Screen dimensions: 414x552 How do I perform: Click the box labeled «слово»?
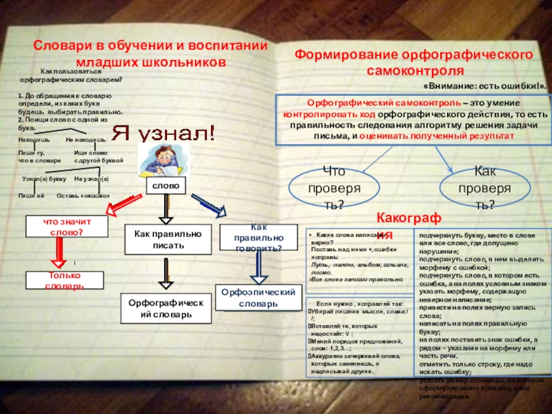[x=165, y=186]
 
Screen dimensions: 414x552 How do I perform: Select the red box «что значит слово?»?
[x=67, y=227]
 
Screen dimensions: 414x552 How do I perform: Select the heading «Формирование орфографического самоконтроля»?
[x=413, y=62]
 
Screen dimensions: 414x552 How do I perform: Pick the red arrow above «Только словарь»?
[x=61, y=253]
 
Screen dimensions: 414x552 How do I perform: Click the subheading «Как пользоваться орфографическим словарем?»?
[x=72, y=76]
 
